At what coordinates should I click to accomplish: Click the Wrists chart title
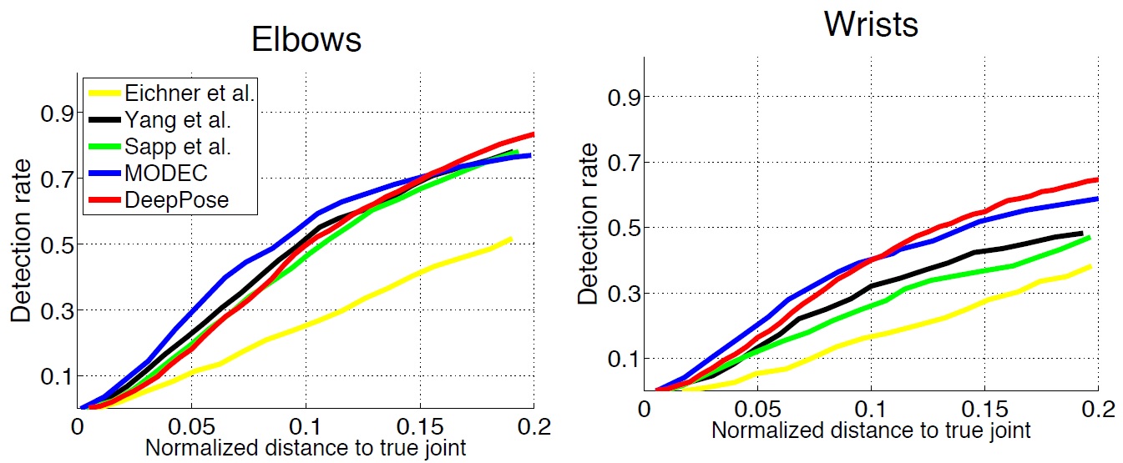pos(871,24)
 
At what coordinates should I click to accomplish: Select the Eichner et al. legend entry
pos(188,93)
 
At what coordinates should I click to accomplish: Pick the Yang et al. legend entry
pos(176,120)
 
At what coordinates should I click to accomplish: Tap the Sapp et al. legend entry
pos(176,148)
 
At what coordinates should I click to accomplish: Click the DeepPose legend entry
pos(172,201)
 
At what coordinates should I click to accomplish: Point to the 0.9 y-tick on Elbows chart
pos(55,113)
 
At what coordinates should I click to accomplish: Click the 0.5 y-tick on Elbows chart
pos(55,244)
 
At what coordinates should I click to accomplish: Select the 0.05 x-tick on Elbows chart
pos(191,427)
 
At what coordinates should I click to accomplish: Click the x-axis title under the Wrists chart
pos(871,430)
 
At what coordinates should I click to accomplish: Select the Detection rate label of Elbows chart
pos(19,244)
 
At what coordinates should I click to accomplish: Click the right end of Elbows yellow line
pos(510,239)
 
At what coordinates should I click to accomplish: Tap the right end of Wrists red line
pos(1095,179)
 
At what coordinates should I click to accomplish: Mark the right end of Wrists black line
pos(1082,234)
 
